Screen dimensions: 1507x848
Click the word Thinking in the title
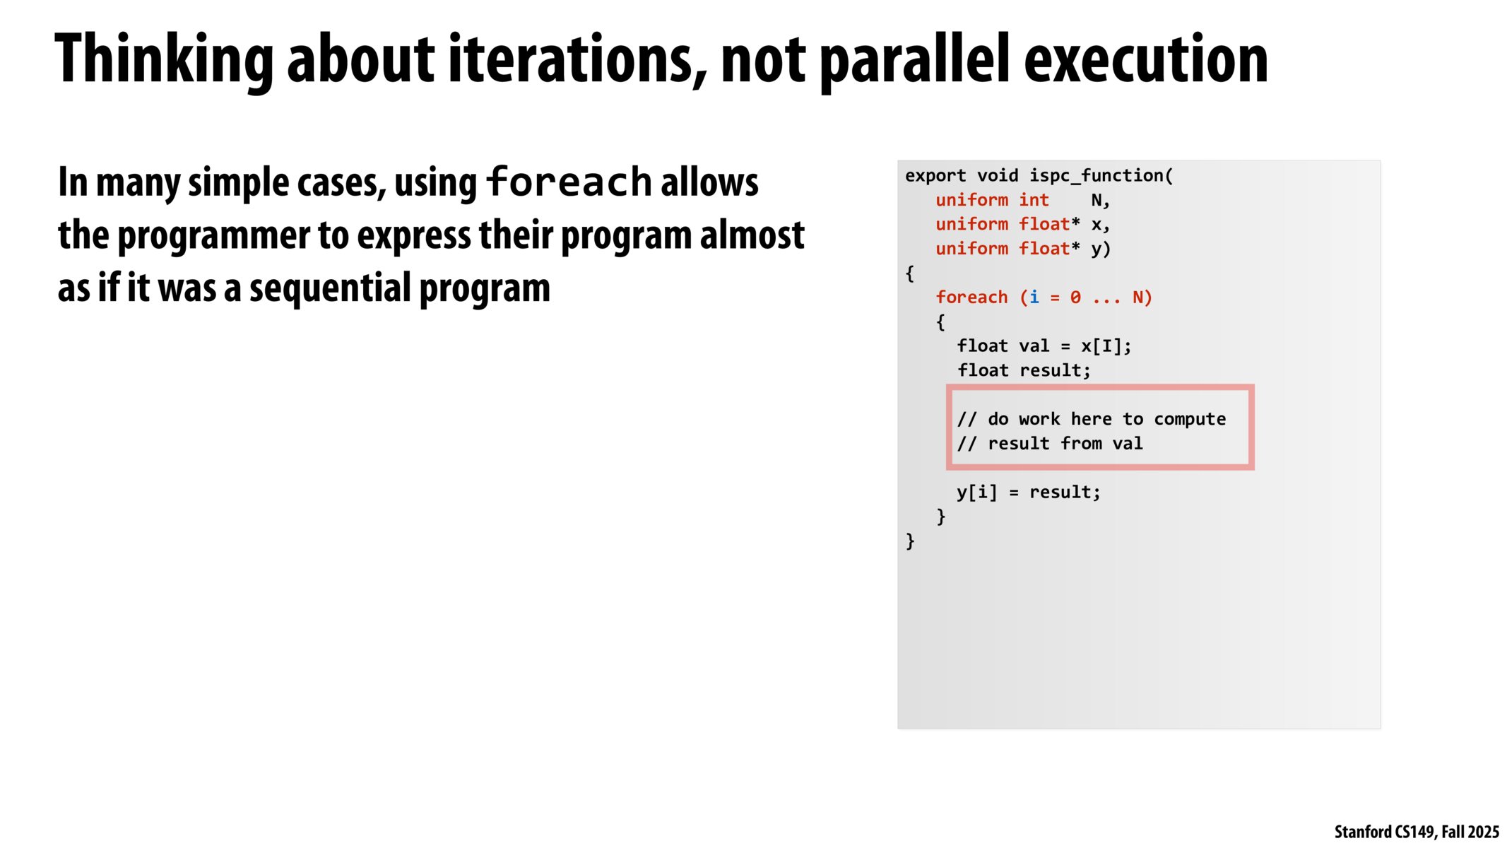(x=164, y=60)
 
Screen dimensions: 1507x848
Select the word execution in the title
(x=1146, y=60)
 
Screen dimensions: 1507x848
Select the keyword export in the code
(x=935, y=176)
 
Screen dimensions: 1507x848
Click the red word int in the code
(x=1034, y=200)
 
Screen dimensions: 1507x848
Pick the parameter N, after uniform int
(x=1100, y=201)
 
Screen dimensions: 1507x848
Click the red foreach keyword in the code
(x=971, y=298)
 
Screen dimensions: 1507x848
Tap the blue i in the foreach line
(x=1034, y=298)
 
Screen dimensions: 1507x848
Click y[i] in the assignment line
(x=977, y=492)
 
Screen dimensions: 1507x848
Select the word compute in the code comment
(x=1190, y=420)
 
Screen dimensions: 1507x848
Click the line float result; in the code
(x=1024, y=370)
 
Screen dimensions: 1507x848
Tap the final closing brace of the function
(x=910, y=541)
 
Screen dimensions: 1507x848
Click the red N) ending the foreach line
(x=1142, y=298)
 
